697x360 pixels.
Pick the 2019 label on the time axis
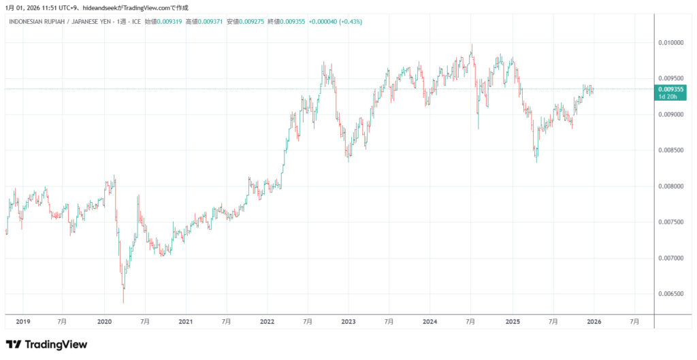pos(22,321)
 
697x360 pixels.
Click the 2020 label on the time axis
pos(104,321)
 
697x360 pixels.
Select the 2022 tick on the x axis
pos(267,321)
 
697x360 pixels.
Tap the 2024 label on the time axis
pos(429,321)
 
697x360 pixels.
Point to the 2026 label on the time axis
pos(593,321)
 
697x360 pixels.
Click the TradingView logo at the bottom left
pos(46,344)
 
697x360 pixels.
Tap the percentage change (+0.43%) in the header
pos(350,22)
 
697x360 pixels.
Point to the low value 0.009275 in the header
pos(249,22)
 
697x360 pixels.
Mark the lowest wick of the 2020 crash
pos(123,303)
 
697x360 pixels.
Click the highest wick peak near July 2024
pos(472,45)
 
